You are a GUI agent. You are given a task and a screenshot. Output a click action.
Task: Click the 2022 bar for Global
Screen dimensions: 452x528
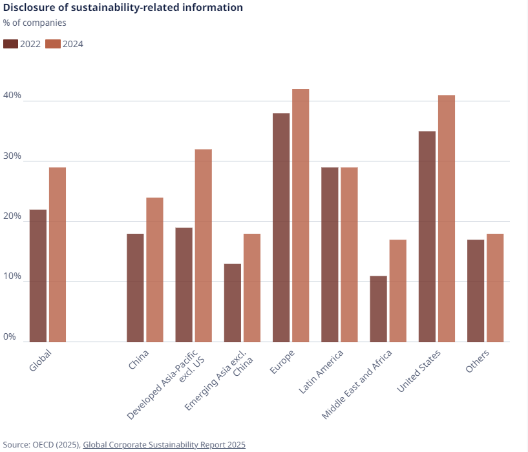pos(38,276)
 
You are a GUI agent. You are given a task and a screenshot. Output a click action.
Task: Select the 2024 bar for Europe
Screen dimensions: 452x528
pos(301,216)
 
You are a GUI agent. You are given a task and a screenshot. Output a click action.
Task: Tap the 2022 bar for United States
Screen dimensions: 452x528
pos(427,236)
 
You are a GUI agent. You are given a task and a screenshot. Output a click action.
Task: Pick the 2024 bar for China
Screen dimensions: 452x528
pos(154,270)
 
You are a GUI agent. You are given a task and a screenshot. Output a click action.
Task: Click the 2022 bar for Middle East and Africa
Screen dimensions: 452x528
pos(379,309)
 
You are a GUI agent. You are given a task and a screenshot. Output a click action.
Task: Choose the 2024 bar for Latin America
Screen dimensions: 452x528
pos(349,254)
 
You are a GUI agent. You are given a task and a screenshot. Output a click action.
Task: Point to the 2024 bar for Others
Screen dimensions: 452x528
pos(495,288)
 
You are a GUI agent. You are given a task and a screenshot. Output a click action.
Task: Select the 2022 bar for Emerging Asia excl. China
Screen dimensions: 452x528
pos(233,303)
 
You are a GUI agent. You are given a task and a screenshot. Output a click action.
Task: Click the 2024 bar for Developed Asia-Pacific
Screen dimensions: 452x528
pos(203,245)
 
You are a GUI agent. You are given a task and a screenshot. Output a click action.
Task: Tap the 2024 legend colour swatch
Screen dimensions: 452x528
pos(53,45)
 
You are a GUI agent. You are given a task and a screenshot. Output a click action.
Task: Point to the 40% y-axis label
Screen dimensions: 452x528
pos(12,96)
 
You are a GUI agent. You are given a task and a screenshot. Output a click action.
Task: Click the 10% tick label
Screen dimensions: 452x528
pos(12,276)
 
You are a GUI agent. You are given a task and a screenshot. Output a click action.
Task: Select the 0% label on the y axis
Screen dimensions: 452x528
pos(10,336)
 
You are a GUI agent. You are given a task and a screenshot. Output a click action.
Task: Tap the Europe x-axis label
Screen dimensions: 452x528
pos(282,362)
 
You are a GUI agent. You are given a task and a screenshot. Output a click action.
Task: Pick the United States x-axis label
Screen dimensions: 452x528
pos(419,371)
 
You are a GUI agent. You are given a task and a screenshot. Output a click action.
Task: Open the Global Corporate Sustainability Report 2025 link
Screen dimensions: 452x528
pos(164,445)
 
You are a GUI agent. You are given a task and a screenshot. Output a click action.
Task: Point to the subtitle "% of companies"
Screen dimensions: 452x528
pos(35,23)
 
